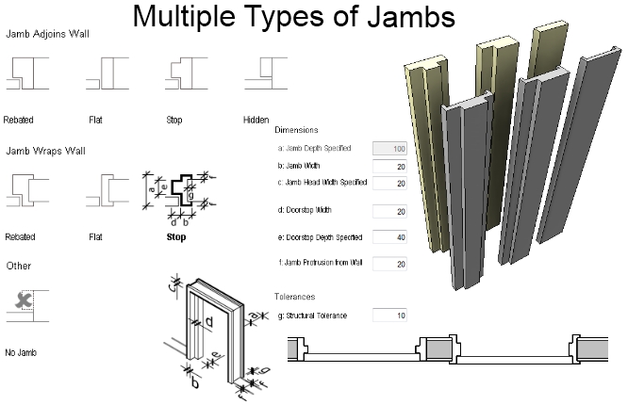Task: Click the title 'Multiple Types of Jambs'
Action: coord(293,17)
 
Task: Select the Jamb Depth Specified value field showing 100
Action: coord(389,149)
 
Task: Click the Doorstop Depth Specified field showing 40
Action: coord(389,236)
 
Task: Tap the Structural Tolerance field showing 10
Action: coord(389,315)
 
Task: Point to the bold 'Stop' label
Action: coord(176,237)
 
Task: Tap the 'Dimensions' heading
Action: coord(296,129)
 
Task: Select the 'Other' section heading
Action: coord(18,267)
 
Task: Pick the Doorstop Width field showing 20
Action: coord(389,210)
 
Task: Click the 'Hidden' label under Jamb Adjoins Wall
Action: coord(256,121)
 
